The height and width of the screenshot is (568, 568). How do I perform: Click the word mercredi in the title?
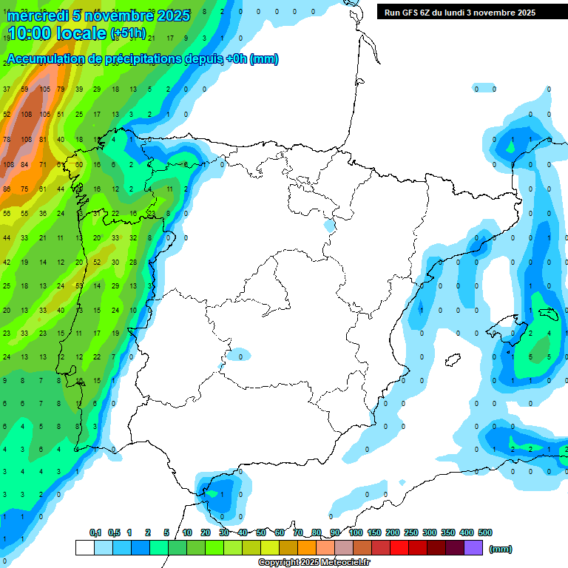(x=36, y=16)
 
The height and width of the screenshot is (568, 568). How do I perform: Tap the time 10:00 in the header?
(x=30, y=33)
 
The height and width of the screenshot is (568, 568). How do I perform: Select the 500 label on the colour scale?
(x=484, y=532)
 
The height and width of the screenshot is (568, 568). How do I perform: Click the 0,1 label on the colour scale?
(x=95, y=532)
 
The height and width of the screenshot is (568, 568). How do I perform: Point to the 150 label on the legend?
(x=373, y=532)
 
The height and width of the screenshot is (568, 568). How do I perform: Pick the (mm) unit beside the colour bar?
(x=501, y=549)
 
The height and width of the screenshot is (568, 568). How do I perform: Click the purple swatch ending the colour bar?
(x=473, y=548)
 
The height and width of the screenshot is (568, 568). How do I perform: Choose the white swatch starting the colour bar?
(x=85, y=548)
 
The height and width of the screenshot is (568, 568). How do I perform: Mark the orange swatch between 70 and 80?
(x=307, y=548)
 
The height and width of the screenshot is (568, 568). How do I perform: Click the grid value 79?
(x=61, y=89)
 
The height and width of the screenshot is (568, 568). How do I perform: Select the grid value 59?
(x=25, y=89)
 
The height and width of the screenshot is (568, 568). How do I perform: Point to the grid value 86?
(x=7, y=189)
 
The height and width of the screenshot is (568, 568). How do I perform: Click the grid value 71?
(x=43, y=164)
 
